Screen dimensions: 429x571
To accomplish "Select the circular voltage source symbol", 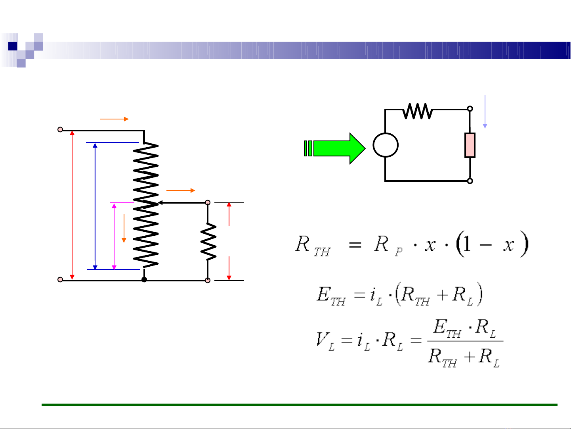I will point(385,145).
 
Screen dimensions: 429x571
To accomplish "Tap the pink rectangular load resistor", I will point(470,145).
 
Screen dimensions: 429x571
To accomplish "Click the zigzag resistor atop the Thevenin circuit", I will point(417,111).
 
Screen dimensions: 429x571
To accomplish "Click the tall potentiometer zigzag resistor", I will point(146,204).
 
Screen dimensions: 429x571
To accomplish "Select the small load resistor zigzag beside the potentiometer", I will point(208,242).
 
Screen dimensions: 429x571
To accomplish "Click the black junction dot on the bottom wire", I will point(144,280).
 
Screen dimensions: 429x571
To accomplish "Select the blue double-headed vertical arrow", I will point(95,206).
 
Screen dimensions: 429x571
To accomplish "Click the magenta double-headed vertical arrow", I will point(114,237).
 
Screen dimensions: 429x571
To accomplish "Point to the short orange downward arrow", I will point(124,228).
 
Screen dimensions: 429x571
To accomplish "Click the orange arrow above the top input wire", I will point(114,119).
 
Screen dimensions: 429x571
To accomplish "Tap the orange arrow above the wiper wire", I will point(181,190).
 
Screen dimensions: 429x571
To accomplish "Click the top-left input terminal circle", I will point(60,129).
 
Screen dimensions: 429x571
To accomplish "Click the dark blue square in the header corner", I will point(12,46).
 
